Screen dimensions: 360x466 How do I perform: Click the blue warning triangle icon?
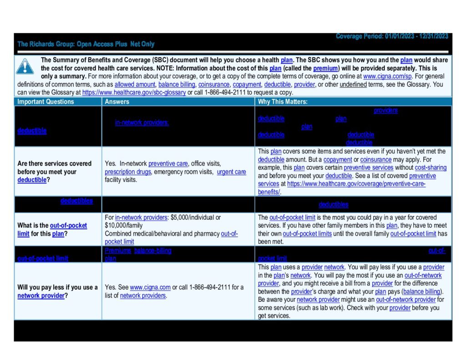(25, 66)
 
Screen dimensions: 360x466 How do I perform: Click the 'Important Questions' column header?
(46, 102)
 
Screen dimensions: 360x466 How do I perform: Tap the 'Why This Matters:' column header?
(282, 102)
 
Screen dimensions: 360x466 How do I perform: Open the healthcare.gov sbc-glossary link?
(134, 92)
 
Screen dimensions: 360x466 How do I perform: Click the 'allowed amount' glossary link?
(135, 85)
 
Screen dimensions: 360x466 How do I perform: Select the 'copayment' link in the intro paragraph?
(247, 85)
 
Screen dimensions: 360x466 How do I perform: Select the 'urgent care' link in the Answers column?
(231, 172)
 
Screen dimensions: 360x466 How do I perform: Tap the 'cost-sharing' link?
(431, 167)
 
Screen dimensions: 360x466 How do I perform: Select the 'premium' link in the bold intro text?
(325, 68)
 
